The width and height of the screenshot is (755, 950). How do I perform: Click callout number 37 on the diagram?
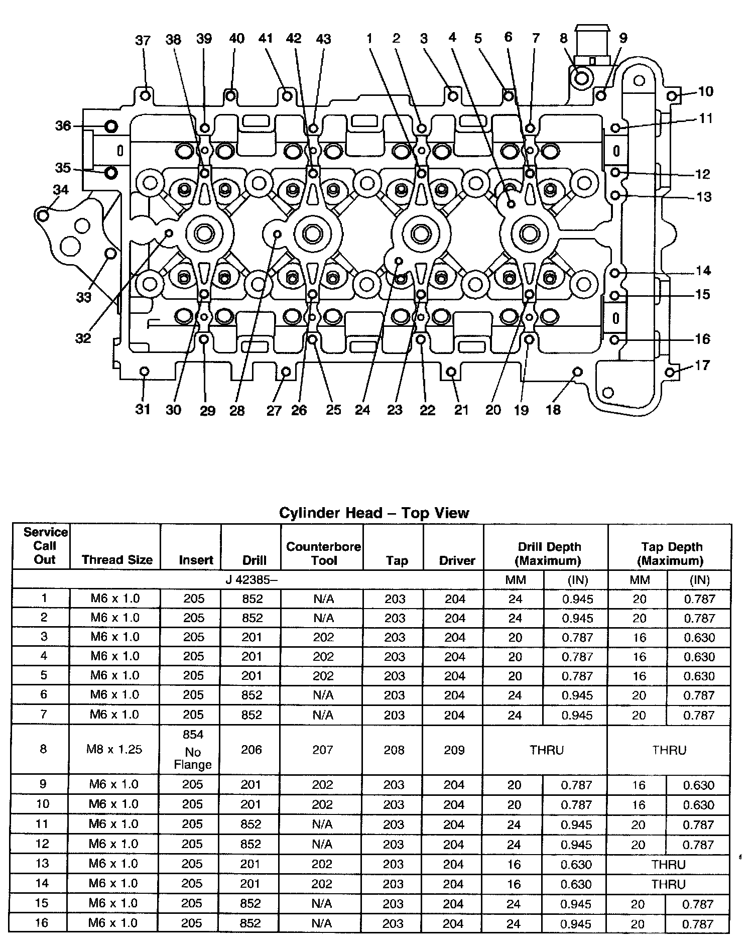point(143,40)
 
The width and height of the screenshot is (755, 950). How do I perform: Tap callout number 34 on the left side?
point(61,189)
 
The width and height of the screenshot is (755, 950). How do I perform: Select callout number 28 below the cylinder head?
point(237,410)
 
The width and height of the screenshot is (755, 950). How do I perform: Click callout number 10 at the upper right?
point(705,91)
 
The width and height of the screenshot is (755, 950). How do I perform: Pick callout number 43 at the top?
point(323,39)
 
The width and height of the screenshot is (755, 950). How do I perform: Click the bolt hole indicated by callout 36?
point(111,126)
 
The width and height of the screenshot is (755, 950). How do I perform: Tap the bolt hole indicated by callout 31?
point(144,372)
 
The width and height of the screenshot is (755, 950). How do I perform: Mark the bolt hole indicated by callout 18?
point(577,372)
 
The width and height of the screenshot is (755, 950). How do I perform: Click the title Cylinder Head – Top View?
point(374,513)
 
